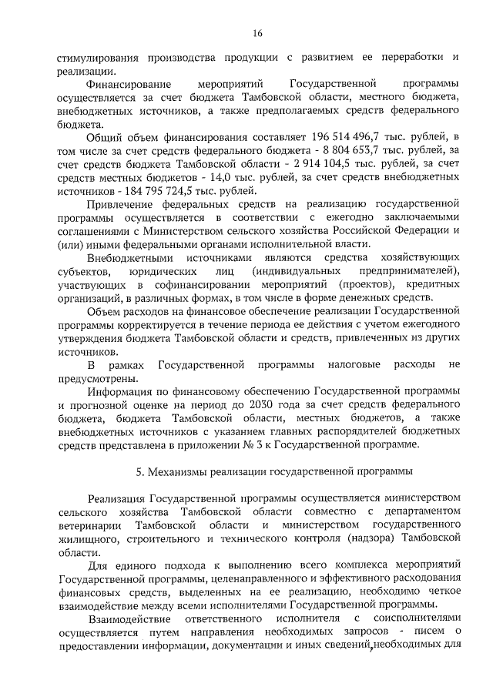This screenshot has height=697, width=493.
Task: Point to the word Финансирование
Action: (126, 82)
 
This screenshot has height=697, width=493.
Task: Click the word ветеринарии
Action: (89, 525)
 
